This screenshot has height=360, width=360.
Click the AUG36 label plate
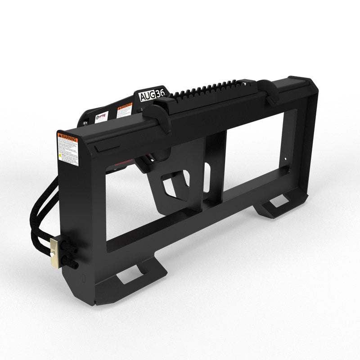(x=152, y=95)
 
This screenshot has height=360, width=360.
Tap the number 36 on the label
(x=160, y=93)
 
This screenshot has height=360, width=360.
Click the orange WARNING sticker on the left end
(x=67, y=148)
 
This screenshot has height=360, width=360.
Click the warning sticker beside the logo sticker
(x=124, y=111)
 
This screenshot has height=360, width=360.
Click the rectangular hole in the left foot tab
(x=130, y=274)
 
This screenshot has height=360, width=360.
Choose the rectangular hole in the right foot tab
(x=279, y=201)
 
